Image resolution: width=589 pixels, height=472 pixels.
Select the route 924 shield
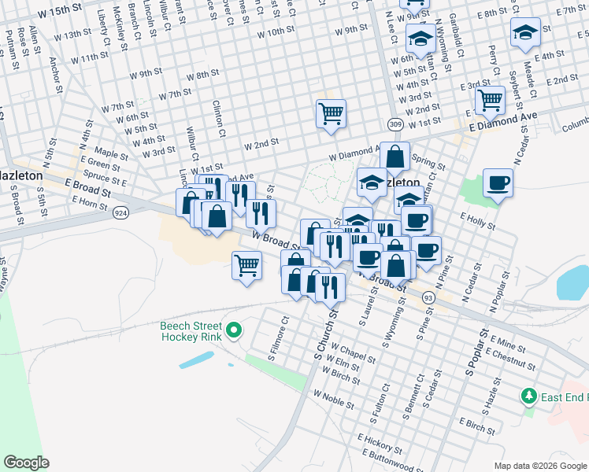120,212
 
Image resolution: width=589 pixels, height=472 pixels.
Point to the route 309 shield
395,125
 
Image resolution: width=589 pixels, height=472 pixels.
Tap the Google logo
27,462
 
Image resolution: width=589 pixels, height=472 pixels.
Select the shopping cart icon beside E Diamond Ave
490,100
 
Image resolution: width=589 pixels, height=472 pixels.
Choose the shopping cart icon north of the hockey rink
247,265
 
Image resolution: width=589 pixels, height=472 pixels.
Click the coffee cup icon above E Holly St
498,183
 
